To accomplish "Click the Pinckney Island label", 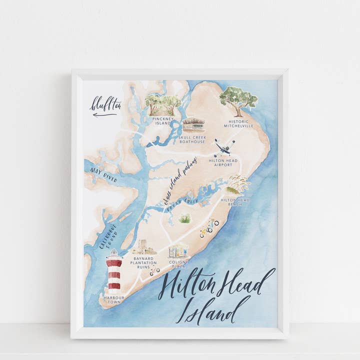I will coord(163,121).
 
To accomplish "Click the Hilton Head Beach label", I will coord(235,201).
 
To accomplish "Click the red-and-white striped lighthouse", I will coord(114,272).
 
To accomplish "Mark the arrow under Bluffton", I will coord(105,114).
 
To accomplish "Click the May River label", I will coord(104,175).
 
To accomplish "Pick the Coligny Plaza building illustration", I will coord(178,249).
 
